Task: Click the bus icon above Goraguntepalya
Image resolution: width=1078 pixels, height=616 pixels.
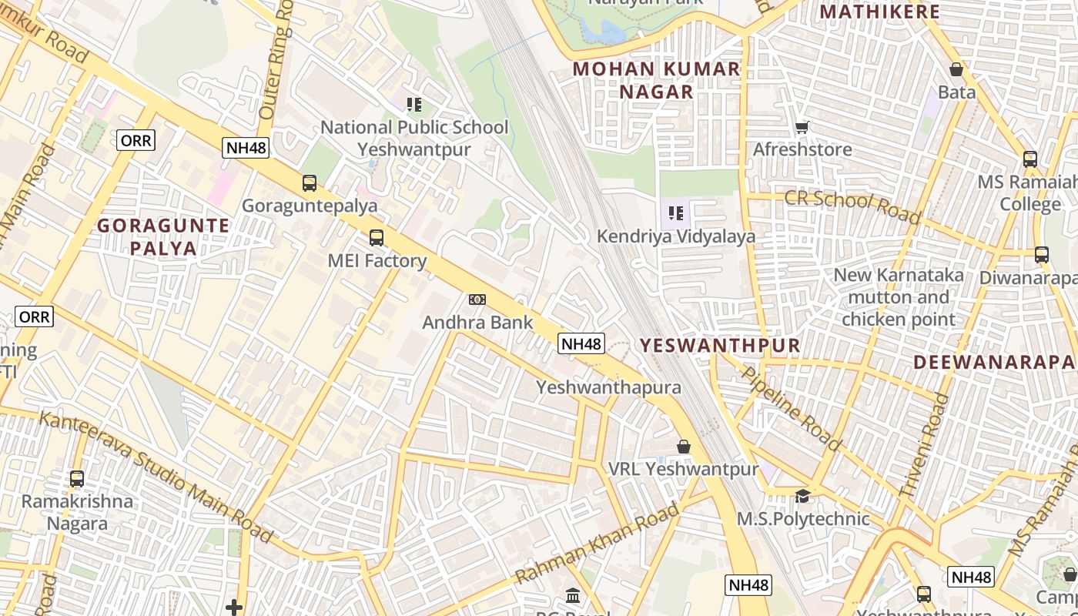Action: tap(310, 183)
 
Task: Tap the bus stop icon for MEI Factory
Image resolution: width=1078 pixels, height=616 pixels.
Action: tap(377, 238)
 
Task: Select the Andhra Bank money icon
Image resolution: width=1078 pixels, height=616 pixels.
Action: tap(477, 300)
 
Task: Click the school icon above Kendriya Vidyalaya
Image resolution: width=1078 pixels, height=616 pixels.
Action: tap(676, 213)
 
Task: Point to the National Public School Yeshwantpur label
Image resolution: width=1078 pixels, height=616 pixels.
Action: tap(414, 138)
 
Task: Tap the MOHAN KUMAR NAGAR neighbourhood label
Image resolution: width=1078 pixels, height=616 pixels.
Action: tap(656, 80)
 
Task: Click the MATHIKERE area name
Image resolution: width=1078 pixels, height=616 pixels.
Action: tap(879, 12)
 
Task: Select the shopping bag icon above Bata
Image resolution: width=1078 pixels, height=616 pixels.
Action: tap(956, 70)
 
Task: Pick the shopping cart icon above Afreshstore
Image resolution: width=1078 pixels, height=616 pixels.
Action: tap(802, 127)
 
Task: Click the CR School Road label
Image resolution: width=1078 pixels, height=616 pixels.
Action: tap(852, 207)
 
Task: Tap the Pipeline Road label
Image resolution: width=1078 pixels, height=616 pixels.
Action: tap(791, 407)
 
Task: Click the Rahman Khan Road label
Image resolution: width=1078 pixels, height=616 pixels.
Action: tap(598, 543)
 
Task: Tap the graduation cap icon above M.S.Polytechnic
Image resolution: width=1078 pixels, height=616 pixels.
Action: tap(803, 496)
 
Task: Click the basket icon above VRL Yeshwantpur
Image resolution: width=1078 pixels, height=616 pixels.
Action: tap(683, 447)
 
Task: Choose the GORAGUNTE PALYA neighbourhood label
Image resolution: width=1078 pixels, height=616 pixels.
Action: tap(163, 236)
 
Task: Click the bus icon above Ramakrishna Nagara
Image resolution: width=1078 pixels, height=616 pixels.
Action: tap(77, 479)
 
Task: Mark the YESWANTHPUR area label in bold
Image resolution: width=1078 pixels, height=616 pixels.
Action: tap(720, 346)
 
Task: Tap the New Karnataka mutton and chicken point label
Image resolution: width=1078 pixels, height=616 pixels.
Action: tap(899, 297)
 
